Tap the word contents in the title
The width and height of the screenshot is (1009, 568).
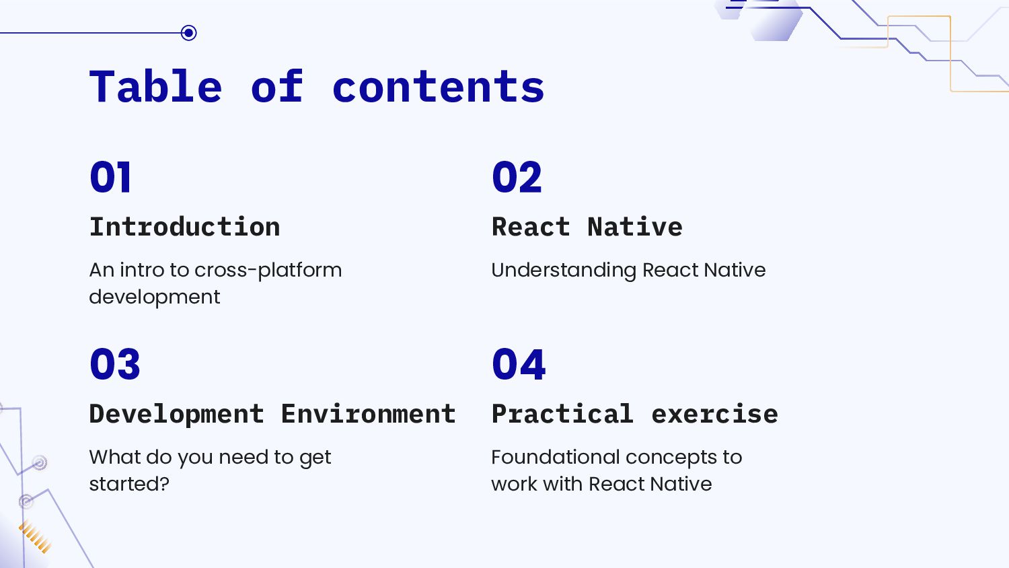(x=439, y=87)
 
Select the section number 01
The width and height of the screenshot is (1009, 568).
(x=110, y=177)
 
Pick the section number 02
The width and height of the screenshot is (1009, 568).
(x=517, y=177)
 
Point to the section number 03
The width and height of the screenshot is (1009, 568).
(x=115, y=364)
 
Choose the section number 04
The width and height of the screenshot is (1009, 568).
(x=519, y=364)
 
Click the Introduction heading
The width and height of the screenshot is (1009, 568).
(x=185, y=227)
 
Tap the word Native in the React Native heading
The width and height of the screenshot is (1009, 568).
(x=635, y=227)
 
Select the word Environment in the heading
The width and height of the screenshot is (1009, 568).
(x=369, y=414)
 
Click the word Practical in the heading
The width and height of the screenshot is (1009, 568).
(x=562, y=414)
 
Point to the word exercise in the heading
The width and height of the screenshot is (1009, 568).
(x=715, y=415)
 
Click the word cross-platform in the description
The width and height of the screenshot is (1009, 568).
(x=268, y=271)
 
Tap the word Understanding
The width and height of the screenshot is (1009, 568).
(x=564, y=271)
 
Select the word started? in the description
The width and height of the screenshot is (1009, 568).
(x=129, y=484)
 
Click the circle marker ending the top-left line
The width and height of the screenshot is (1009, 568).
(x=189, y=33)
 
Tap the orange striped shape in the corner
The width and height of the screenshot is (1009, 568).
(x=35, y=537)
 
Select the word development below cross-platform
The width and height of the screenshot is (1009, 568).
(x=155, y=297)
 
